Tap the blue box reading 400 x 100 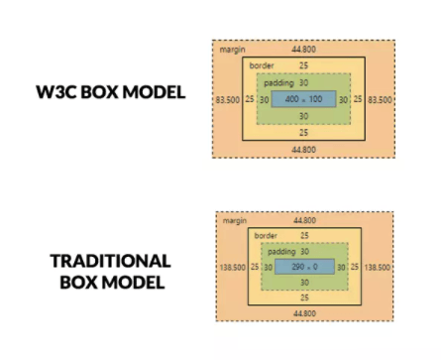click(303, 99)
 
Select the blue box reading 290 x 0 click(303, 267)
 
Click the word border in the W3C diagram click(262, 65)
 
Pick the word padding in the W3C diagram click(278, 83)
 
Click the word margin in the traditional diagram click(236, 219)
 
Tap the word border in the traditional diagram click(266, 235)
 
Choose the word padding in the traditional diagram click(281, 252)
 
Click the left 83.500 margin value click(226, 99)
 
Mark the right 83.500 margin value click(380, 99)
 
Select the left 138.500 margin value click(232, 268)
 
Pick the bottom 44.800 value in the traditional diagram click(305, 312)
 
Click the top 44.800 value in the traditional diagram click(305, 219)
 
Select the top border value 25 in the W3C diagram click(303, 65)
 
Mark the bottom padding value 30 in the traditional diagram click(303, 282)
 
